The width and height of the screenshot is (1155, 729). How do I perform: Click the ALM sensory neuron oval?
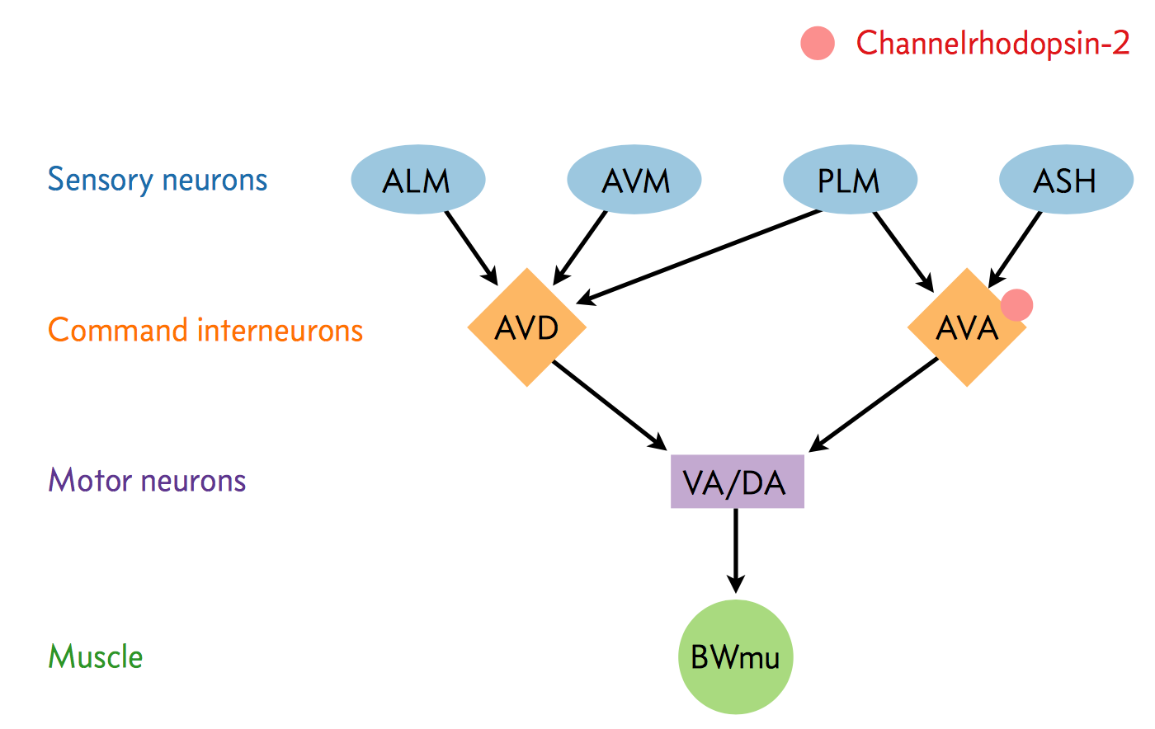418,180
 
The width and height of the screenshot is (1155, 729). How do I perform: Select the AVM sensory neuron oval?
634,180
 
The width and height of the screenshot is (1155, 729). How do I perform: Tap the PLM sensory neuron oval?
850,180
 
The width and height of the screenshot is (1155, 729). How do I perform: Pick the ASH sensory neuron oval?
1066,180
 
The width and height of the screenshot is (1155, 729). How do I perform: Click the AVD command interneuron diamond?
526,327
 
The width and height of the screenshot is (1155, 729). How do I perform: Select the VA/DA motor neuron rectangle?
737,482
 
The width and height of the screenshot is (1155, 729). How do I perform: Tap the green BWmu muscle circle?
735,657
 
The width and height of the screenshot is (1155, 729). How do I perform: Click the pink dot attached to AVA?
1016,305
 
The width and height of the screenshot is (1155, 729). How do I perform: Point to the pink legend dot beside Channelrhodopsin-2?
818,44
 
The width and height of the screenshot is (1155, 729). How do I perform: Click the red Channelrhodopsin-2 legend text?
992,43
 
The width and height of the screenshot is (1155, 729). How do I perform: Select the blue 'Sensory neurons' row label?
158,180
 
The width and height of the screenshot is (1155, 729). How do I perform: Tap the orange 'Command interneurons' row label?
205,330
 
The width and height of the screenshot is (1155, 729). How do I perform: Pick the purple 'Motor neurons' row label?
147,480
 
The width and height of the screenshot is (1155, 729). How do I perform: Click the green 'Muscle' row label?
96,657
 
